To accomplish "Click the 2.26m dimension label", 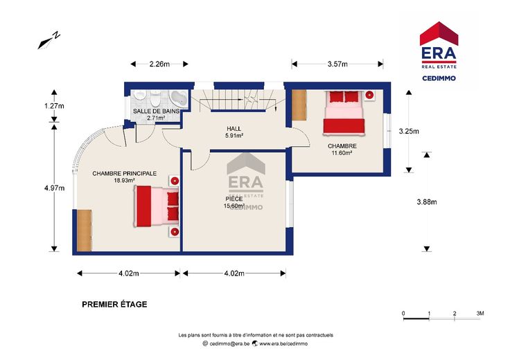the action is tap(159, 64).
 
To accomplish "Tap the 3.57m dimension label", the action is tap(337, 64).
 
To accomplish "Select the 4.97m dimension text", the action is tap(54, 188).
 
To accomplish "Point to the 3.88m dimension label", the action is tap(427, 201).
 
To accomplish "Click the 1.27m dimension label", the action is tap(54, 106).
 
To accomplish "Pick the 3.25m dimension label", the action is tap(409, 132).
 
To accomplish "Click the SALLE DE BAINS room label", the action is tap(156, 111).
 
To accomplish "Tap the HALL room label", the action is tap(234, 129).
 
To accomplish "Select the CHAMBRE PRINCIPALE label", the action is tap(125, 174).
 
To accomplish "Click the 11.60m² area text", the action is tap(342, 153).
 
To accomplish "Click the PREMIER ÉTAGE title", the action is tap(114, 305).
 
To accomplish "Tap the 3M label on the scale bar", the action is tap(480, 314).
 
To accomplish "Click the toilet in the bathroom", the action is tap(155, 98).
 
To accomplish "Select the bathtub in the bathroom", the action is tap(179, 98).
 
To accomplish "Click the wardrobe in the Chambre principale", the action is tap(85, 231).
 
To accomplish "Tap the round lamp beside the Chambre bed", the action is tap(369, 95).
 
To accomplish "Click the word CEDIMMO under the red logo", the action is tap(439, 78).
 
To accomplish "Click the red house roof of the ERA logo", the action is tap(439, 33).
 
